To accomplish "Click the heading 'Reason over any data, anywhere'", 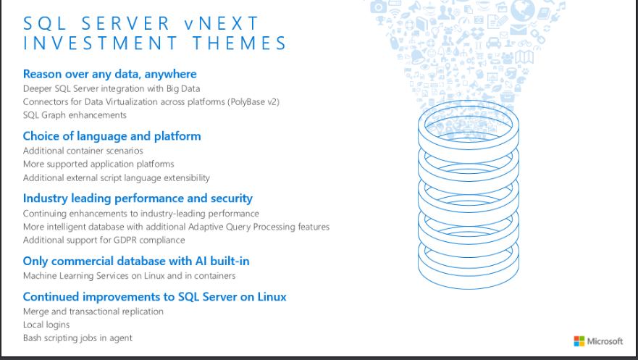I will (109, 74).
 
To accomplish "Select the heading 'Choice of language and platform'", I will (112, 136).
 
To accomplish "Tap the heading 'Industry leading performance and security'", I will (138, 198).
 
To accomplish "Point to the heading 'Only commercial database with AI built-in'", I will (136, 261).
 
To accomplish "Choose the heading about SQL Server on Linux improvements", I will (154, 297).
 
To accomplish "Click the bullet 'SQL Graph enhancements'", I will (75, 115).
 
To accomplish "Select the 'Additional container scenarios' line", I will (83, 151).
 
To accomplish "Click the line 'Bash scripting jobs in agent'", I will (77, 338).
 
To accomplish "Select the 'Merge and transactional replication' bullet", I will (93, 311).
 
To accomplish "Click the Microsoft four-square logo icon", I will (579, 341).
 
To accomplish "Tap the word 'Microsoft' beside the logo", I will (605, 341).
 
